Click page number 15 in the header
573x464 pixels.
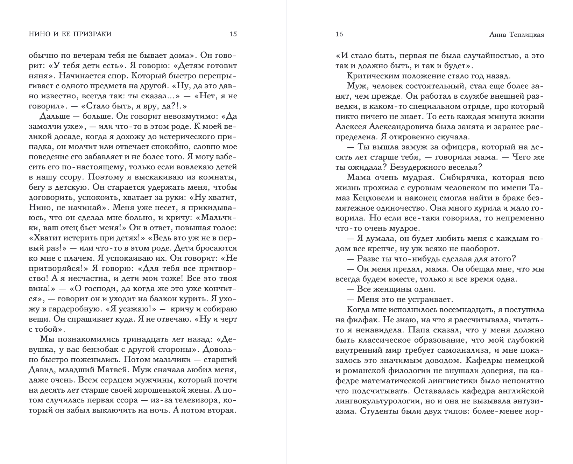[233, 34]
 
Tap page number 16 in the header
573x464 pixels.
[339, 34]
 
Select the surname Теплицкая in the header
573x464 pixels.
[524, 35]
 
